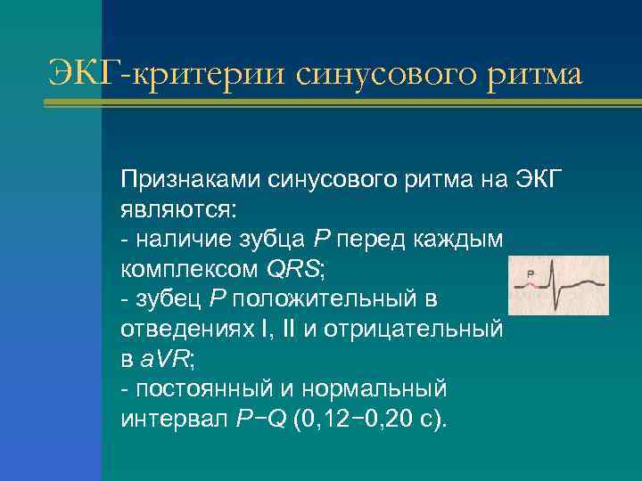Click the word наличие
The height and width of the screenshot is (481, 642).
(x=179, y=240)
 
